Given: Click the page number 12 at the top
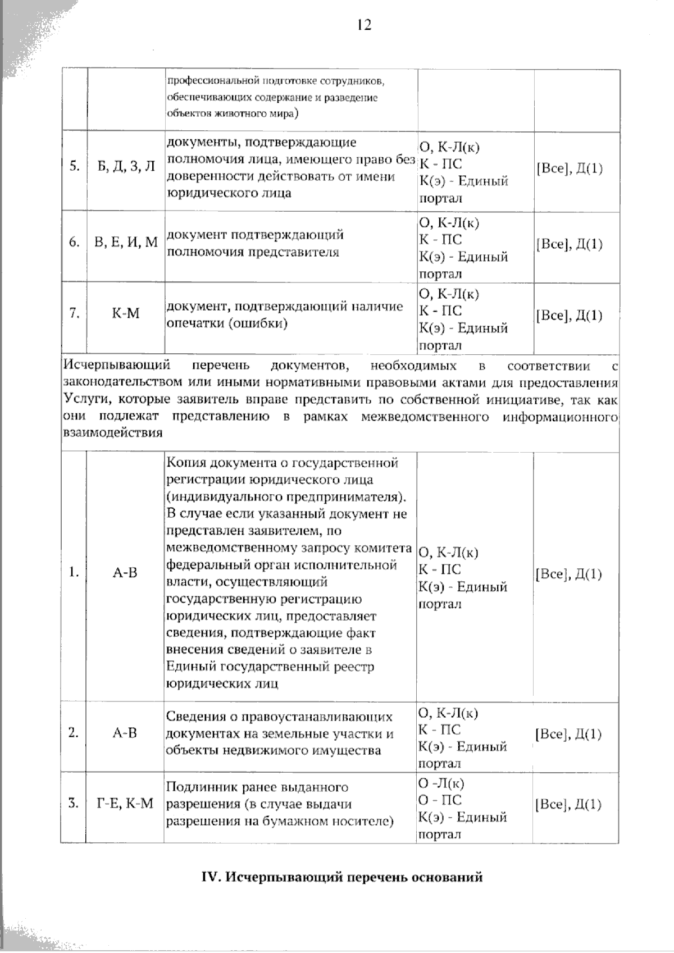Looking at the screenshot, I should (363, 25).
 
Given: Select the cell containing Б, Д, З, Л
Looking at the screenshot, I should (125, 168).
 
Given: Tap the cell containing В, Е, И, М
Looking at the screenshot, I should (126, 243).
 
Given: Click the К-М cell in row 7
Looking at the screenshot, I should (125, 313).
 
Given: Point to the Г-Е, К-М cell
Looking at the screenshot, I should (125, 804).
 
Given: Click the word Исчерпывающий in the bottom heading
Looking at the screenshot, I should (284, 877).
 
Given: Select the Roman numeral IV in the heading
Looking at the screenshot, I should (211, 877).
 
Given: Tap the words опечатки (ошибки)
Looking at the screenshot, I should (227, 323).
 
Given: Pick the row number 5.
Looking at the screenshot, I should (74, 167).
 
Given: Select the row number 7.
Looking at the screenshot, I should (74, 313).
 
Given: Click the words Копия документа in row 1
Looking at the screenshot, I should (214, 463).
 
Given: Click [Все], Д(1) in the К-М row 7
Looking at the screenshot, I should (569, 315).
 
